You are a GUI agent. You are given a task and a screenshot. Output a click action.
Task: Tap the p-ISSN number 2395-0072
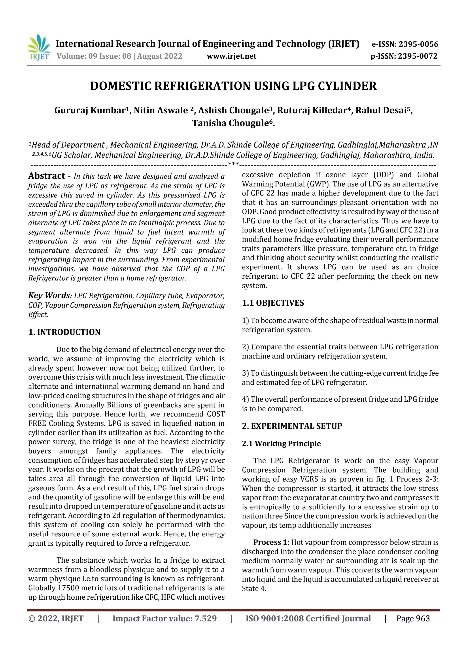coord(418,56)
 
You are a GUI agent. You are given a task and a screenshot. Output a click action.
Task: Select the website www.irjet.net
coord(231,56)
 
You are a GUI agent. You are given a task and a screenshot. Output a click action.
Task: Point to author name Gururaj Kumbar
coord(89,110)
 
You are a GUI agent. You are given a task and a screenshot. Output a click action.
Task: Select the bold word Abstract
coord(47,176)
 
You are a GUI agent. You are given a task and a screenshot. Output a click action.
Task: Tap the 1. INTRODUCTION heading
coord(64,332)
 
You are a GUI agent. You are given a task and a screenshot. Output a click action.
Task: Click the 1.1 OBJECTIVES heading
coord(273,303)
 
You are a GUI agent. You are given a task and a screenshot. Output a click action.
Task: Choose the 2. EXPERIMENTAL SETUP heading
coord(292,426)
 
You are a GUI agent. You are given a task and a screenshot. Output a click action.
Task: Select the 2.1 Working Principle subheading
coord(281,443)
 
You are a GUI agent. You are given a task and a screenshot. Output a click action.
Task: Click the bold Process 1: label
coord(271,542)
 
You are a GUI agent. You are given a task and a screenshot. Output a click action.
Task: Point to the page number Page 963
coord(413,618)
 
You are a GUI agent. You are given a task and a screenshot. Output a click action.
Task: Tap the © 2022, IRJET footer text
coord(56,618)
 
